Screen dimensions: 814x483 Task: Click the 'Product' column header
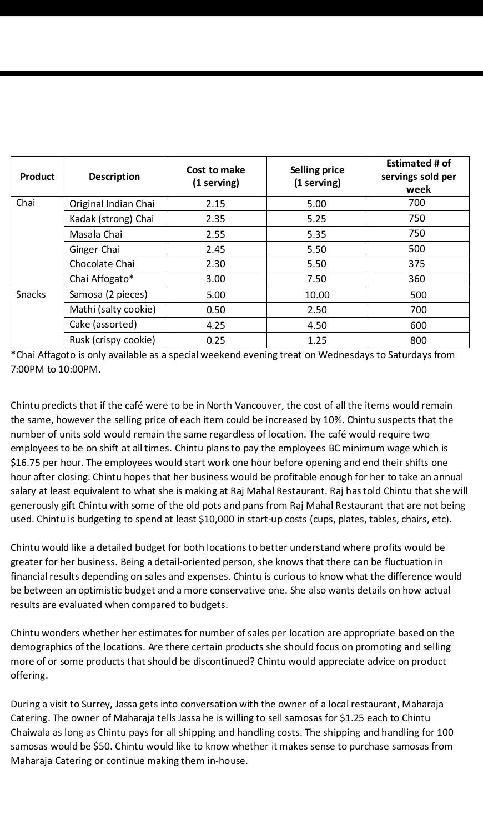coord(37,177)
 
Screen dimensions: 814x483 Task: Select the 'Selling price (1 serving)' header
coord(317,176)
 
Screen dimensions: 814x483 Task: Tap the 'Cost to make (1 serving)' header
coord(215,176)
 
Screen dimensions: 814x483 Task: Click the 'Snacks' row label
coord(31,294)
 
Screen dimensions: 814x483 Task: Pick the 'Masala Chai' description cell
coord(95,234)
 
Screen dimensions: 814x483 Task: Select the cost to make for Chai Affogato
coord(215,279)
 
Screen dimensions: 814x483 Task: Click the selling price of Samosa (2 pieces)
coord(317,295)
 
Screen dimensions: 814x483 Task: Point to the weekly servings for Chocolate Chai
coord(416,264)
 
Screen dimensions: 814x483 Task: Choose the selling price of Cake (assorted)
coord(317,325)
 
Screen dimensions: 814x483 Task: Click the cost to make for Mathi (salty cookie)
coord(215,310)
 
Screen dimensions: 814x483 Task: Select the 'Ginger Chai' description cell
coord(94,249)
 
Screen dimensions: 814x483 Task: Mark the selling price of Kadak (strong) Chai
coord(317,219)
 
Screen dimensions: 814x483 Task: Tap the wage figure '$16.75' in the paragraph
coord(23,463)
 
